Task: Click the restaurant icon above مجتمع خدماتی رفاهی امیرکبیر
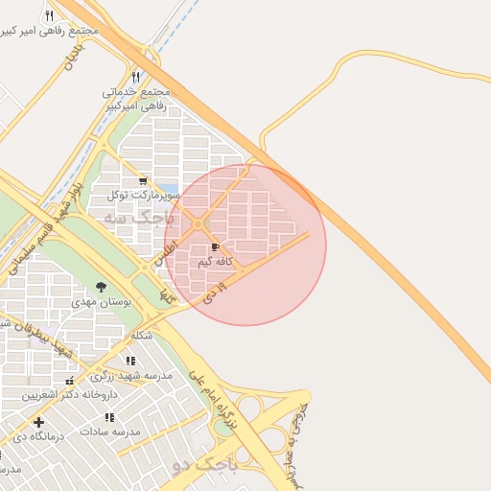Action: click(135, 77)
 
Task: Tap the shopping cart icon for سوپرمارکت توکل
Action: click(143, 180)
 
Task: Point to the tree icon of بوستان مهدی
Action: click(101, 287)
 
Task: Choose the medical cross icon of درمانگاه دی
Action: click(38, 422)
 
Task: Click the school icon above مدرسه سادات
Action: click(109, 417)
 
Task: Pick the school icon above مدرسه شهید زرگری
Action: click(129, 361)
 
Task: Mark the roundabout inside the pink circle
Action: click(199, 224)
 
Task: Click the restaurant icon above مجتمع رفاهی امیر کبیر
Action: click(49, 16)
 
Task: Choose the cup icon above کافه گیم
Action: click(214, 247)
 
